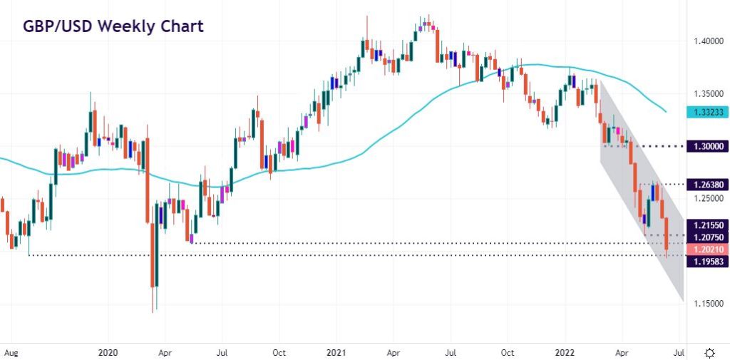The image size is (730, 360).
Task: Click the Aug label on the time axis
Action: [x=10, y=351]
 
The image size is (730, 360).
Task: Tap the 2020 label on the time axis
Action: [x=109, y=351]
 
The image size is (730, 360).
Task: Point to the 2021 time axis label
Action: [x=336, y=351]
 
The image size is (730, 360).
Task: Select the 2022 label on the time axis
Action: [x=565, y=351]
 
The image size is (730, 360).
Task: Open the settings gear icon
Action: [x=710, y=352]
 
